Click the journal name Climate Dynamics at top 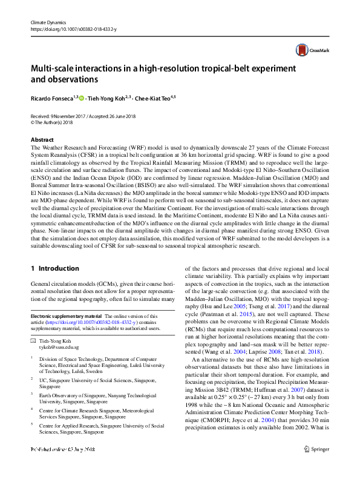47,22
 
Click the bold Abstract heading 42,139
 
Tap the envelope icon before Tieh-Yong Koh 34,342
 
